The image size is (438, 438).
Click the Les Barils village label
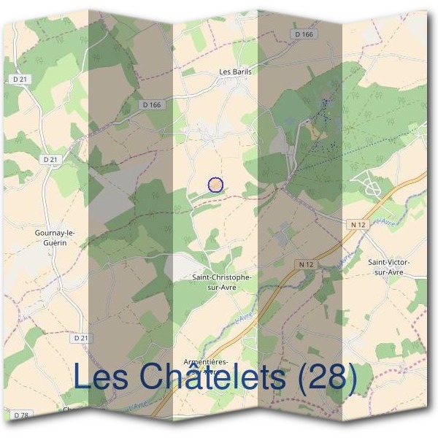point(234,72)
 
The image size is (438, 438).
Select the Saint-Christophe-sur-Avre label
point(222,283)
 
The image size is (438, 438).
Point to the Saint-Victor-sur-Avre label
point(389,266)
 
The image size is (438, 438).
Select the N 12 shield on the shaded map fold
point(306,263)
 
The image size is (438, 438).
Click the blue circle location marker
point(215,185)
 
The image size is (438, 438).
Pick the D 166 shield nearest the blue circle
point(152,105)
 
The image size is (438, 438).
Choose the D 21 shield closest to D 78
point(80,339)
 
